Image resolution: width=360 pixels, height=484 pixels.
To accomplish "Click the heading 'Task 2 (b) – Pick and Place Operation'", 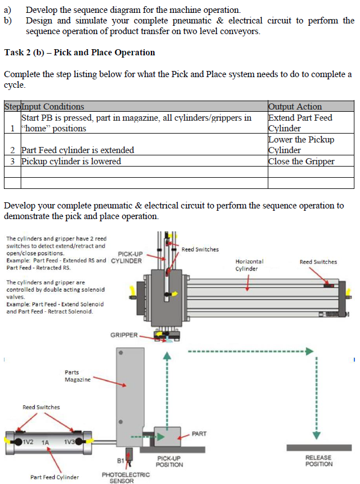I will tap(79, 53).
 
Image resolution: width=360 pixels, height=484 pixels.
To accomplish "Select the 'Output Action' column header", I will tap(295, 106).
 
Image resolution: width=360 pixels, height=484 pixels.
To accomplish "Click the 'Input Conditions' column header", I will tap(53, 106).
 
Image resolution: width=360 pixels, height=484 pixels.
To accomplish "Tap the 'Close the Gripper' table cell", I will tap(301, 162).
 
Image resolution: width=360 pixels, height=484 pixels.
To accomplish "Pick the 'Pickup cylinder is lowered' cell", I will tap(71, 162).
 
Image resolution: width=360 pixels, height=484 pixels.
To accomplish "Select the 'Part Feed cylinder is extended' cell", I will tap(78, 150).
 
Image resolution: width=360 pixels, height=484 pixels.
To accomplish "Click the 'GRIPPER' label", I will tap(124, 335).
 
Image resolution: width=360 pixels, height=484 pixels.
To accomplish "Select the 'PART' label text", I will tap(199, 433).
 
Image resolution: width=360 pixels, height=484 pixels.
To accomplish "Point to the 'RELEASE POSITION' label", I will tap(319, 461).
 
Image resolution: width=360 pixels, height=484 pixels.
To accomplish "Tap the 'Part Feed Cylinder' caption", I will tap(54, 477).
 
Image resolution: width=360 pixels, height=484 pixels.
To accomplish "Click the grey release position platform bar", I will tap(319, 448).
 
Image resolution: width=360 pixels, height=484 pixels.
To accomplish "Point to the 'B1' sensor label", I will tap(120, 461).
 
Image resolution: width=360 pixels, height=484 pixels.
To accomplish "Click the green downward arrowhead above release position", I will tap(317, 434).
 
